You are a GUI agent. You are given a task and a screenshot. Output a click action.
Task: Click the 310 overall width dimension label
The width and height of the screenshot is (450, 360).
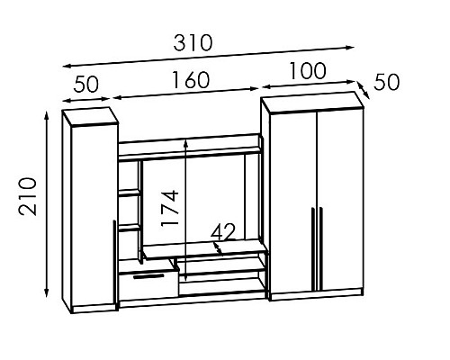(193, 42)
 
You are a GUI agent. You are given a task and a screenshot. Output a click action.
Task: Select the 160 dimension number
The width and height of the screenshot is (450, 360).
(191, 80)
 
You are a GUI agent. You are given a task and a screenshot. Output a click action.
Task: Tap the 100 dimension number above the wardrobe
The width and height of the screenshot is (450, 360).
(308, 71)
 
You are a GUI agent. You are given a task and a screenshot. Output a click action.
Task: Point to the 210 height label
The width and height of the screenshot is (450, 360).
(28, 196)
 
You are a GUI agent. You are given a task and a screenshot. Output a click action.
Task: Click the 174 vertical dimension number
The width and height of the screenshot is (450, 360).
(170, 208)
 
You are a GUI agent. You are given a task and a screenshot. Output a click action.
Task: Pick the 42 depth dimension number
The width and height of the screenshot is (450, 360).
(222, 232)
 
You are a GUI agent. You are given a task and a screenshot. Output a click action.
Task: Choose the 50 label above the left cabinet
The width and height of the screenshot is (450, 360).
(85, 84)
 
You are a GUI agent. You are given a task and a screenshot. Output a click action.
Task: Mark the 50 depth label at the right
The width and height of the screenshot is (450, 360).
(387, 82)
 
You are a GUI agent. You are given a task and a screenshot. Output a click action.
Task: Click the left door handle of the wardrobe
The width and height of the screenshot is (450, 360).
(312, 249)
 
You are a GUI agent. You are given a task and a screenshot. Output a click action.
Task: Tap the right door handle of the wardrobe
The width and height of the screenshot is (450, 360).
(320, 249)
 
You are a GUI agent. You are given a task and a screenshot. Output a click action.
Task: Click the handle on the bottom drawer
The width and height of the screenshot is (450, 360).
(148, 276)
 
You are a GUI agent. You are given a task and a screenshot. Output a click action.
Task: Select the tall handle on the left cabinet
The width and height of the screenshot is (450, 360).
(114, 262)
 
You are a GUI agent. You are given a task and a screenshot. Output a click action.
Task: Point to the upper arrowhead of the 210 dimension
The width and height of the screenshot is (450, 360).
(46, 116)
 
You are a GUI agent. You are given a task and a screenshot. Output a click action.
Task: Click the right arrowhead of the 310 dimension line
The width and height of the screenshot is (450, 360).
(350, 47)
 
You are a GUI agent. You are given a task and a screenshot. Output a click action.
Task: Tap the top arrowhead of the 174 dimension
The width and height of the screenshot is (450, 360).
(186, 143)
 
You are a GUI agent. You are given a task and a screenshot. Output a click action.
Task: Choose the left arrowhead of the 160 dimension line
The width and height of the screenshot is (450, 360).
(117, 97)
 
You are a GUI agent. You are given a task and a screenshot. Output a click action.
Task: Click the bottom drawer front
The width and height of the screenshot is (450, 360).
(148, 285)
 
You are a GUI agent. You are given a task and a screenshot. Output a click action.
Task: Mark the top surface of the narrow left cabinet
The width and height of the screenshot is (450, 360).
(90, 116)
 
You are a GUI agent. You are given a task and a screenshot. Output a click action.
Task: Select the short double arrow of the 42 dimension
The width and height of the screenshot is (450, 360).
(218, 248)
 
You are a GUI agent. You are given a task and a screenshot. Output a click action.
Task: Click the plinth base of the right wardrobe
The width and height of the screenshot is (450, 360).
(317, 294)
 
